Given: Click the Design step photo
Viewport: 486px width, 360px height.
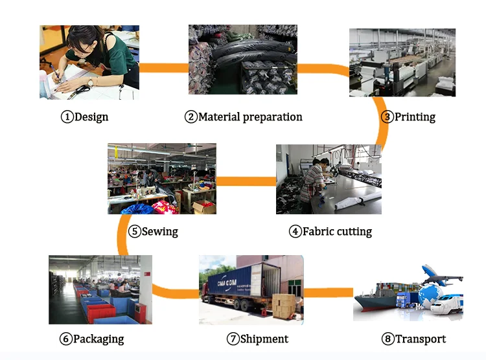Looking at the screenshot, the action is [89, 62].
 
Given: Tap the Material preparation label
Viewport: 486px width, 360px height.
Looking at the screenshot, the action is [250, 117].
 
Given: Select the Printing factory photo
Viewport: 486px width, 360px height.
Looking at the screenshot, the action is [402, 62].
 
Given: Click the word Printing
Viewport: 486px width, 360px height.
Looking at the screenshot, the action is [415, 117].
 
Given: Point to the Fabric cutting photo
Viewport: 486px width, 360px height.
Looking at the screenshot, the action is [329, 179].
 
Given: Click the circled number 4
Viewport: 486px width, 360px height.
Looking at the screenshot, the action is [295, 231].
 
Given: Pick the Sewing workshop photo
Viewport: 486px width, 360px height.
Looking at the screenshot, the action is [161, 179].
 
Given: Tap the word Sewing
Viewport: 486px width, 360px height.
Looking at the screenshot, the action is [159, 231].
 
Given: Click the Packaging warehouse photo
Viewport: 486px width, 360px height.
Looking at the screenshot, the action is [100, 289].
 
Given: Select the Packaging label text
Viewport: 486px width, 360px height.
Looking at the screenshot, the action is [98, 339].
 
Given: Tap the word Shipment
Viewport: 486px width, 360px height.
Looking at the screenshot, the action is [264, 339].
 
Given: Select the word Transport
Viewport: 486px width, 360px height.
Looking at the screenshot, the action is [421, 339].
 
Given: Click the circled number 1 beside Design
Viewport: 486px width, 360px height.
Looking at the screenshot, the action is [67, 117].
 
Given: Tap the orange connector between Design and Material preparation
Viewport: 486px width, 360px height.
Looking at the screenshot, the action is [164, 67].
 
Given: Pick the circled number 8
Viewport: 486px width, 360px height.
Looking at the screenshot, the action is [388, 339].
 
